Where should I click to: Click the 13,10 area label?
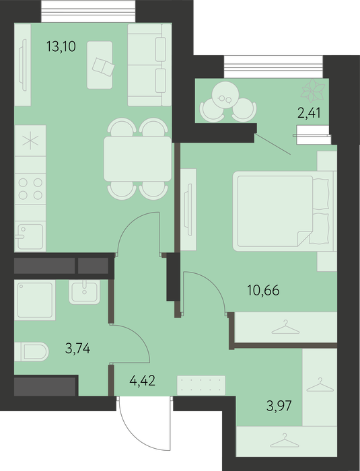pyautogui.click(x=61, y=46)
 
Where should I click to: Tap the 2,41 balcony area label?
pyautogui.click(x=309, y=113)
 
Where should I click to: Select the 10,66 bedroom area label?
pyautogui.click(x=263, y=291)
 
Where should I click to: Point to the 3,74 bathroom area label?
pyautogui.click(x=77, y=349)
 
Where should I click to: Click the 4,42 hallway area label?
pyautogui.click(x=142, y=381)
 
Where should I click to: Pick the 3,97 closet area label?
pyautogui.click(x=279, y=406)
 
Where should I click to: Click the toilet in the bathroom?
pyautogui.click(x=32, y=351)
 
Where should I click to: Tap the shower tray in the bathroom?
pyautogui.click(x=35, y=300)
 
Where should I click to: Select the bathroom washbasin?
pyautogui.click(x=84, y=291)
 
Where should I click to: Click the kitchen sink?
pyautogui.click(x=30, y=236)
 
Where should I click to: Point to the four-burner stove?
pyautogui.click(x=30, y=188)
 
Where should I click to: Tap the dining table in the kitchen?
pyautogui.click(x=138, y=159)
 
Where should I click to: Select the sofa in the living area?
pyautogui.click(x=149, y=65)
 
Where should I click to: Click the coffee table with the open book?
pyautogui.click(x=100, y=65)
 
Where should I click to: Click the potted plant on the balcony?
pyautogui.click(x=313, y=90)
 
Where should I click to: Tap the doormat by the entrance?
pyautogui.click(x=201, y=385)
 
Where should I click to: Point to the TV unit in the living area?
pyautogui.click(x=23, y=65)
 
